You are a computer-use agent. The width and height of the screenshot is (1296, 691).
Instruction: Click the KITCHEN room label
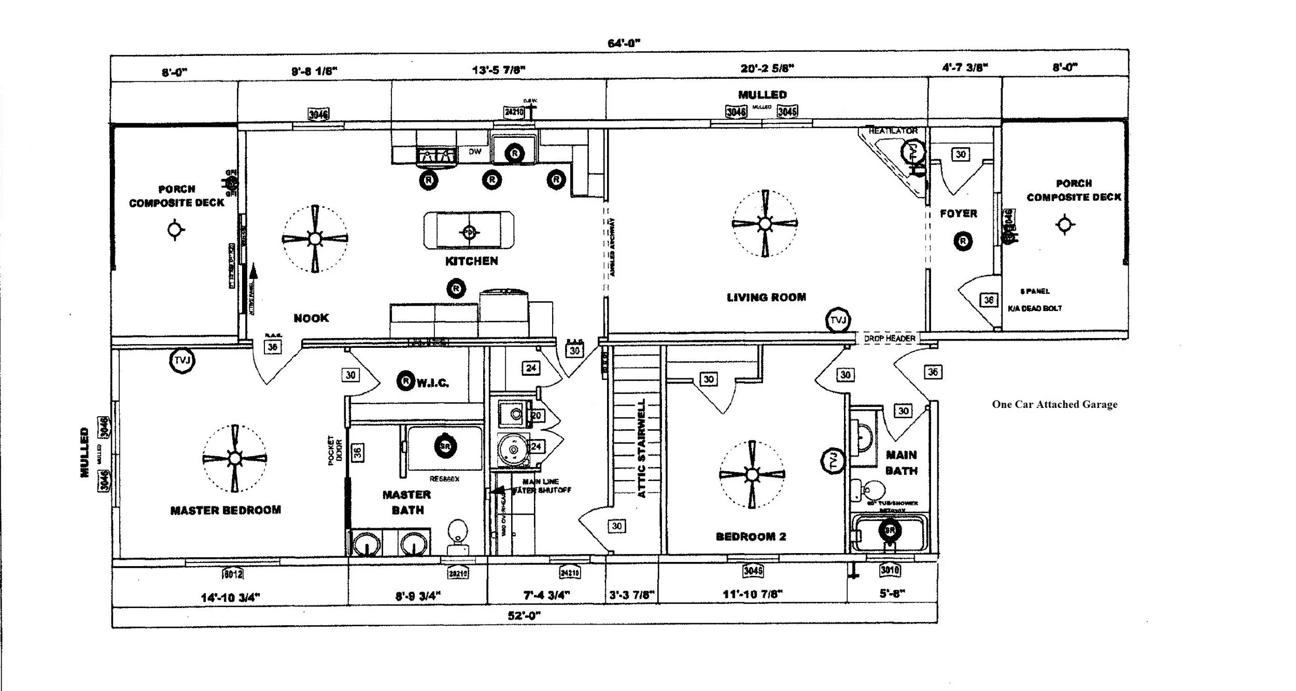[471, 261]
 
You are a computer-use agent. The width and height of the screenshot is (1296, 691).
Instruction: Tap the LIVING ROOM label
[766, 297]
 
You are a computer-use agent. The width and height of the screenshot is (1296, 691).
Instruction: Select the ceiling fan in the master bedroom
[235, 459]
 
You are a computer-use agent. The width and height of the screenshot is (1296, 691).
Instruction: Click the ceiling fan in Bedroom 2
[752, 474]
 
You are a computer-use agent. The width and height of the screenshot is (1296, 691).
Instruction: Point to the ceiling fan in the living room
[765, 224]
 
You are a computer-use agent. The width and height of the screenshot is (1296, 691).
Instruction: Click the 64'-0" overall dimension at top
[624, 43]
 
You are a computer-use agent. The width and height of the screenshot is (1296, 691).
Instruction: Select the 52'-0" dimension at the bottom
[524, 615]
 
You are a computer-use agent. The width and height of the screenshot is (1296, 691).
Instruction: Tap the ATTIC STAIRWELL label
[641, 448]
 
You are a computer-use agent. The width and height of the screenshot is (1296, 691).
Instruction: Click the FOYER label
[958, 214]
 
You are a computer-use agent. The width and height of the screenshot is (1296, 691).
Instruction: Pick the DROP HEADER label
[889, 339]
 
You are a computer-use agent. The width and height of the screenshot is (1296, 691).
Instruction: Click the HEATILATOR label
[893, 131]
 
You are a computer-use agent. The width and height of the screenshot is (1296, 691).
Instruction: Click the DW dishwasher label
[475, 152]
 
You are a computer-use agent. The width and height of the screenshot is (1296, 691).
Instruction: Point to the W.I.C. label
[432, 383]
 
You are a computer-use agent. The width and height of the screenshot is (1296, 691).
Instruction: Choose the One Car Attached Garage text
[1054, 404]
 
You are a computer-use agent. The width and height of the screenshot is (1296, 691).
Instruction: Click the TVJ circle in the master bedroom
[182, 360]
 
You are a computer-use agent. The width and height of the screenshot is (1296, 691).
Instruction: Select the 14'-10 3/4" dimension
[230, 597]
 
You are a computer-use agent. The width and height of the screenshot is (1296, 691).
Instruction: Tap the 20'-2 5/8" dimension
[767, 68]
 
